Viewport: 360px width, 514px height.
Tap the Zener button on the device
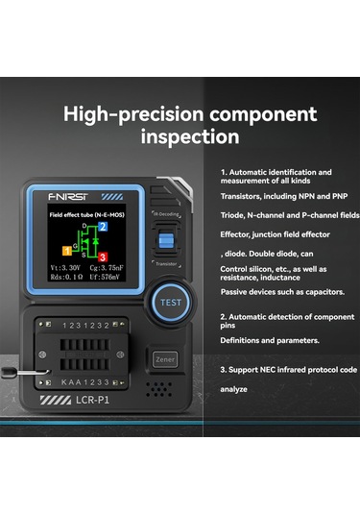pyautogui.click(x=163, y=357)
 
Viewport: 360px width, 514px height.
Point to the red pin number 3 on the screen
pyautogui.click(x=102, y=257)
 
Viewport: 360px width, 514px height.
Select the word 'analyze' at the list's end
pyautogui.click(x=235, y=388)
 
